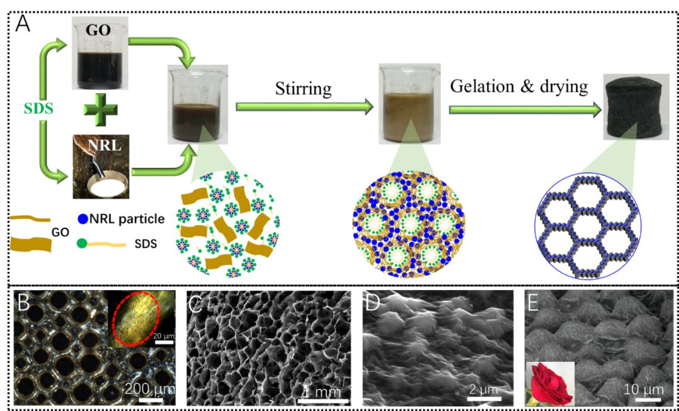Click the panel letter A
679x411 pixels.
(23, 22)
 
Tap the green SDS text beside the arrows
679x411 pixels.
(40, 110)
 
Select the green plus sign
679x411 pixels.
(101, 112)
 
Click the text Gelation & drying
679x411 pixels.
(519, 86)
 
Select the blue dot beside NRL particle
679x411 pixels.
(84, 218)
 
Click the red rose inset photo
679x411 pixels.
(549, 383)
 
